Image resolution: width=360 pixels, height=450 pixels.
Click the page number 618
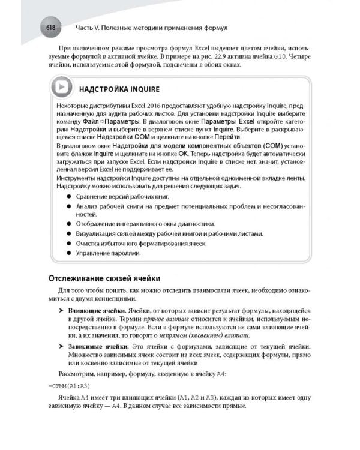coord(48,28)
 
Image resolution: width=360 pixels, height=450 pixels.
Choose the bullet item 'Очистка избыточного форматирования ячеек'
coord(141,244)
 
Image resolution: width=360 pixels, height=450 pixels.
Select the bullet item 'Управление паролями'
coord(107,253)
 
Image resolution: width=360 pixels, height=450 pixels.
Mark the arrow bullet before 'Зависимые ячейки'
coord(61,347)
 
